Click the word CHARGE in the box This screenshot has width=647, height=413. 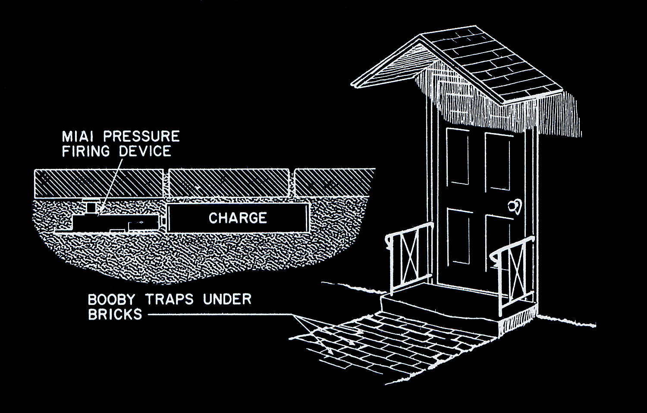click(x=238, y=218)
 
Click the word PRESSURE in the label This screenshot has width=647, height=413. click(x=141, y=137)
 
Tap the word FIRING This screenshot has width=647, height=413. click(x=86, y=152)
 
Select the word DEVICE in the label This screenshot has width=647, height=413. click(x=145, y=152)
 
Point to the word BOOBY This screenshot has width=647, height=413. click(x=111, y=299)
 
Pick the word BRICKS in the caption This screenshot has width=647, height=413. click(x=115, y=314)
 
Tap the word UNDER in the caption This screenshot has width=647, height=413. click(x=227, y=299)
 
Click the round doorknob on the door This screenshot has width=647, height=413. click(x=515, y=206)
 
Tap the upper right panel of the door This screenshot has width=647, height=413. click(x=498, y=161)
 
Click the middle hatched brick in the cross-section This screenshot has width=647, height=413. click(x=229, y=183)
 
